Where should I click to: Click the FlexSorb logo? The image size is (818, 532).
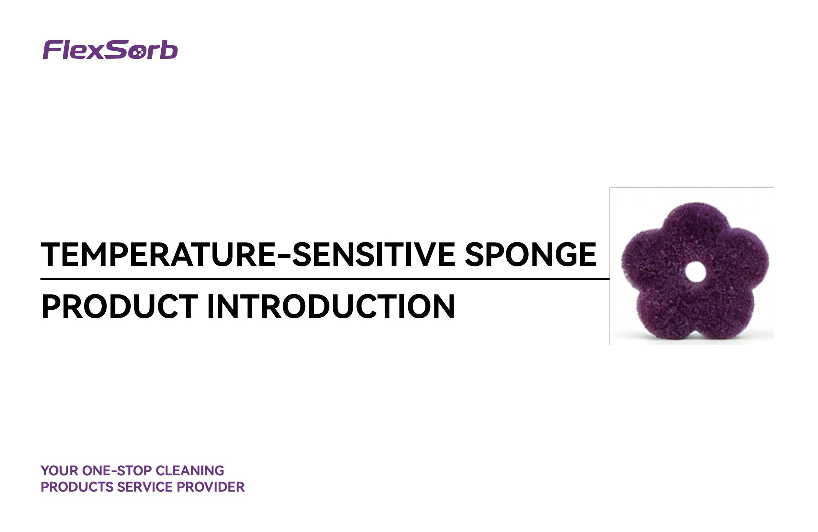(x=110, y=49)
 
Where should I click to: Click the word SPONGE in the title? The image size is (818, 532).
(x=530, y=254)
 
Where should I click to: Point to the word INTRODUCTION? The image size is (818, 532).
(x=331, y=306)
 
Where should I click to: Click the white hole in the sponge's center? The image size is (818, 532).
(x=695, y=272)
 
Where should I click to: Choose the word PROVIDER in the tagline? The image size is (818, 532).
(x=211, y=487)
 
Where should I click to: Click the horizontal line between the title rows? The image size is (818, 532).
(x=325, y=279)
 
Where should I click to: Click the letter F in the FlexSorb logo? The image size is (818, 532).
(x=52, y=50)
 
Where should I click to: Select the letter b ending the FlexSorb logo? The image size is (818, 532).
(x=169, y=50)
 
